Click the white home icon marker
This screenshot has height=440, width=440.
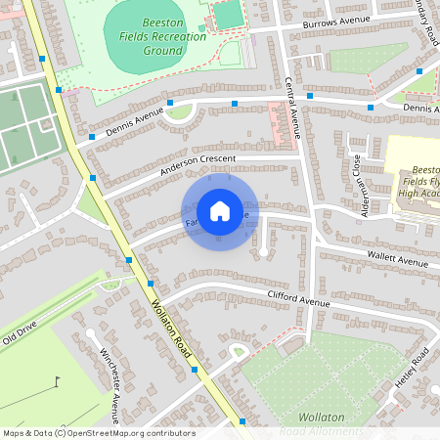pos(220,210)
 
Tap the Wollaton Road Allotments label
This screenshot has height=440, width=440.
pos(321,424)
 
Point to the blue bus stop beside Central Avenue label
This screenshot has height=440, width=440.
pos(310,96)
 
